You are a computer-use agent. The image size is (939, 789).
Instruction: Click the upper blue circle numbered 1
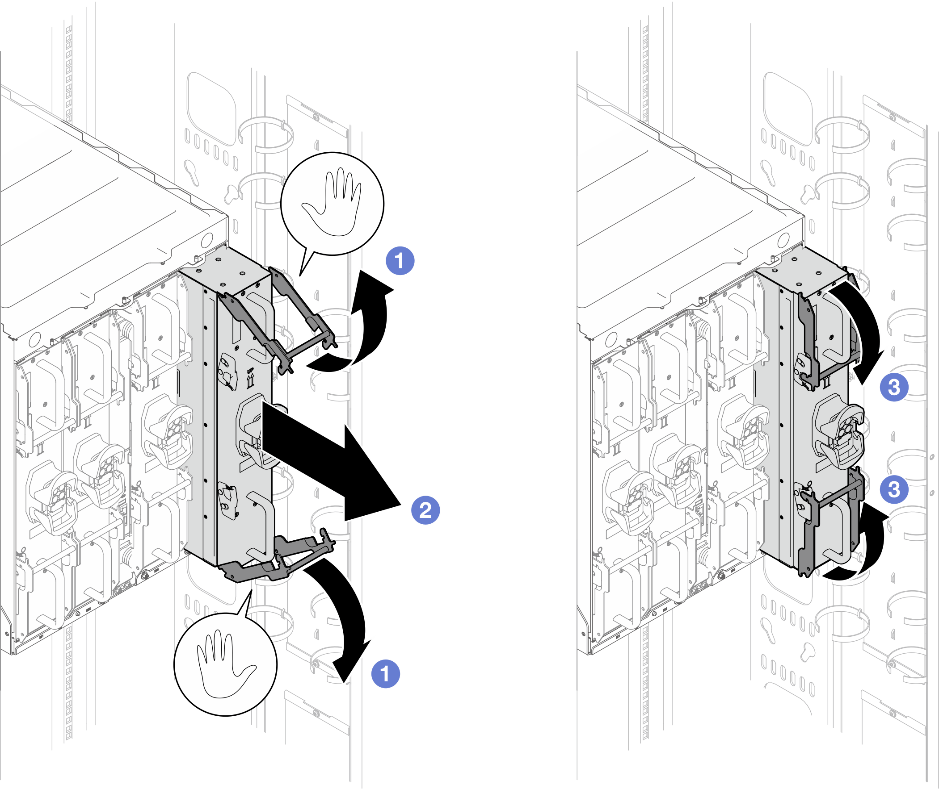(400, 260)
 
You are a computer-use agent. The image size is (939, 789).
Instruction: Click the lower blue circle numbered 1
(386, 674)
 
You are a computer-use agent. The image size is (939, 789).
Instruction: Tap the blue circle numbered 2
(425, 510)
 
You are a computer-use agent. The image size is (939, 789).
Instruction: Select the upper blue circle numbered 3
(894, 387)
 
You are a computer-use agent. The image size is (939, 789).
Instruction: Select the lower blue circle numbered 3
(894, 489)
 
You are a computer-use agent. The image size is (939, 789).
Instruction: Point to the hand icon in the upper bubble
(332, 202)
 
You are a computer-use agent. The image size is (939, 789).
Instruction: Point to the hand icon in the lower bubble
(226, 664)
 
